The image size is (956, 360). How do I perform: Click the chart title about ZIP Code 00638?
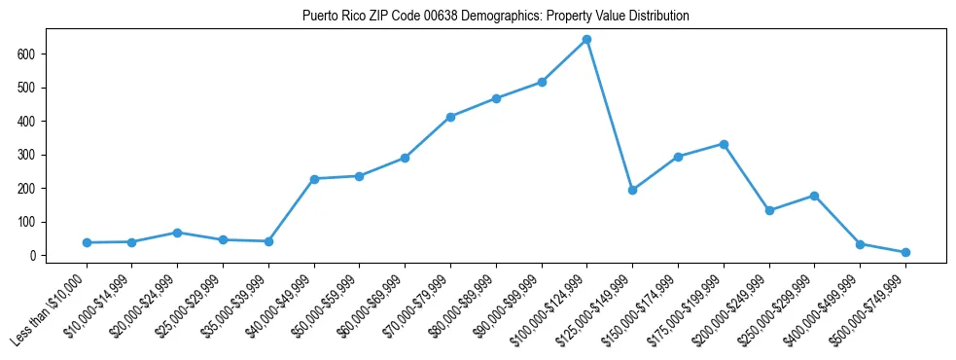click(x=496, y=16)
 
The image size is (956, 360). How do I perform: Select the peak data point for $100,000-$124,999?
click(x=586, y=40)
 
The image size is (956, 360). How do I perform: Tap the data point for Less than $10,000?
click(x=87, y=242)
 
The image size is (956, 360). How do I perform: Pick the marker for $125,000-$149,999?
click(x=632, y=190)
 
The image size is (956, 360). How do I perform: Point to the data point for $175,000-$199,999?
click(x=724, y=144)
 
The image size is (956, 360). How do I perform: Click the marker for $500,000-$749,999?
click(x=905, y=252)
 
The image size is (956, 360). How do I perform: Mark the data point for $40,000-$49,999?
click(x=314, y=179)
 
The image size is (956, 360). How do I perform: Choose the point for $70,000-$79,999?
click(x=450, y=117)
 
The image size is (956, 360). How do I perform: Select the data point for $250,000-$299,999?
click(x=814, y=196)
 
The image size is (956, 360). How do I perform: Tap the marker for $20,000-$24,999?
click(x=177, y=233)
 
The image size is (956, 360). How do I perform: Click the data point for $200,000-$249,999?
click(x=769, y=210)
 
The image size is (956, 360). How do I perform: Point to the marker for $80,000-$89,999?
click(x=496, y=98)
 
